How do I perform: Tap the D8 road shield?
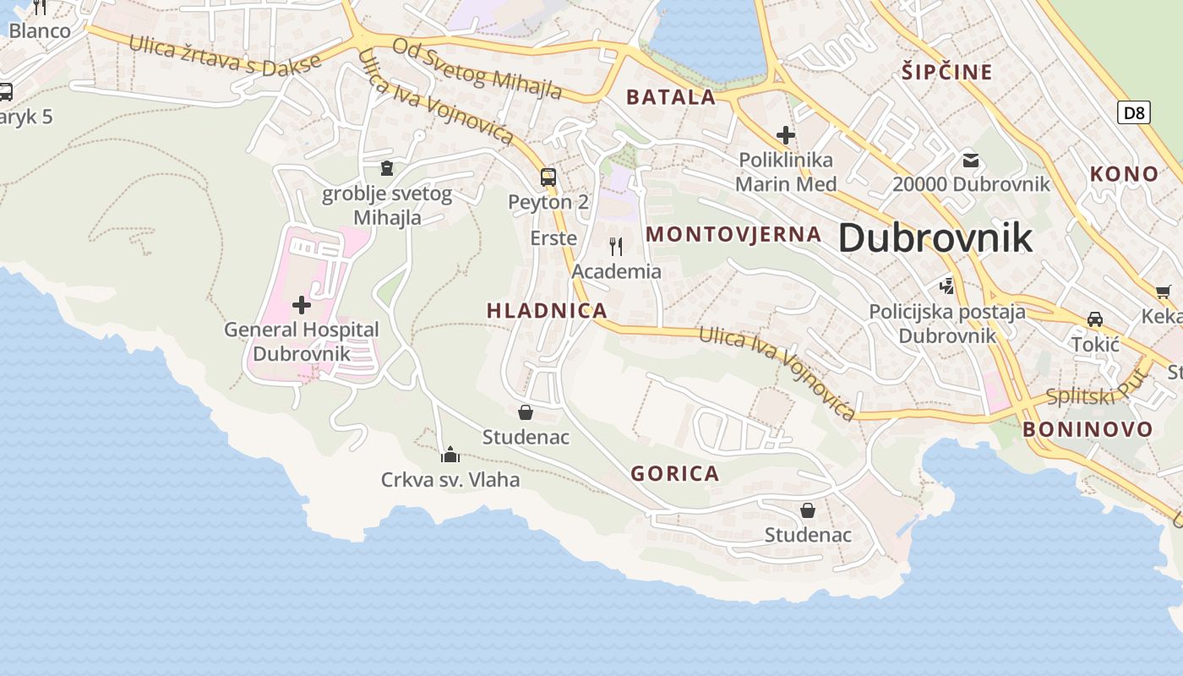(x=1134, y=112)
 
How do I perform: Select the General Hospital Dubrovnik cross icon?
(x=301, y=305)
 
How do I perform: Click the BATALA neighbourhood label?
(x=671, y=96)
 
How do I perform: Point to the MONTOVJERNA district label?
(x=733, y=234)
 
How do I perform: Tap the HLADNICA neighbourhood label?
(x=547, y=310)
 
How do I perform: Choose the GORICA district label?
(x=675, y=473)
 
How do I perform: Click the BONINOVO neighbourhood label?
(x=1088, y=429)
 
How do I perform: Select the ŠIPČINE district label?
(x=946, y=72)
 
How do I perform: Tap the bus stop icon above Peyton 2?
(x=548, y=177)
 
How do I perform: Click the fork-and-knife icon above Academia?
(x=616, y=247)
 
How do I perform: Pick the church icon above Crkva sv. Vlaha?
(x=450, y=455)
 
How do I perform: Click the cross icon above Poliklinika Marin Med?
(x=786, y=134)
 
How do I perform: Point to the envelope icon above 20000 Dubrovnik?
(x=971, y=160)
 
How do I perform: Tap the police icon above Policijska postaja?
(x=947, y=286)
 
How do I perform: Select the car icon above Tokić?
(x=1095, y=319)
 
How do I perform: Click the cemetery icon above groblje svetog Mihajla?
(x=387, y=169)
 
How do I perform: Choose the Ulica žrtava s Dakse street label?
(x=225, y=53)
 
